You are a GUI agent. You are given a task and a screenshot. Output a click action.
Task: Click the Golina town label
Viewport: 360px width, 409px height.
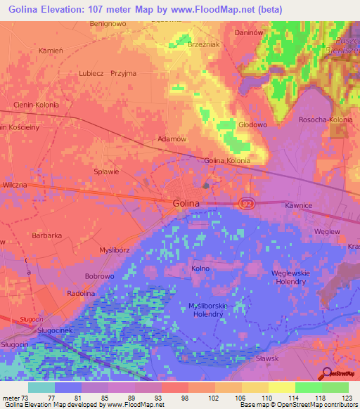(x=186, y=203)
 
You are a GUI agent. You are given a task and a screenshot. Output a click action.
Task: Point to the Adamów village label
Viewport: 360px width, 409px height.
(x=172, y=139)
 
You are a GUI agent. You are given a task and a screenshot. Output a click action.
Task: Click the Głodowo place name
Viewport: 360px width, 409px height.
(x=254, y=125)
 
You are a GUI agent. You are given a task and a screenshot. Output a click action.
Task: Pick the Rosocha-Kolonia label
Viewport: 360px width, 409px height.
(x=326, y=119)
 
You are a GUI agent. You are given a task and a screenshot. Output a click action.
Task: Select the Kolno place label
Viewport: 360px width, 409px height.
(x=200, y=268)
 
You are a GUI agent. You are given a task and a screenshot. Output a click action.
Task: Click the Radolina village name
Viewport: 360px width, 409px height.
(x=81, y=293)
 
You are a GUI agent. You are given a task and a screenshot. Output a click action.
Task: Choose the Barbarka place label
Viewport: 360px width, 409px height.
(x=48, y=236)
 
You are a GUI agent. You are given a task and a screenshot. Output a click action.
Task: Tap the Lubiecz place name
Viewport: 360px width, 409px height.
(x=92, y=73)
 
